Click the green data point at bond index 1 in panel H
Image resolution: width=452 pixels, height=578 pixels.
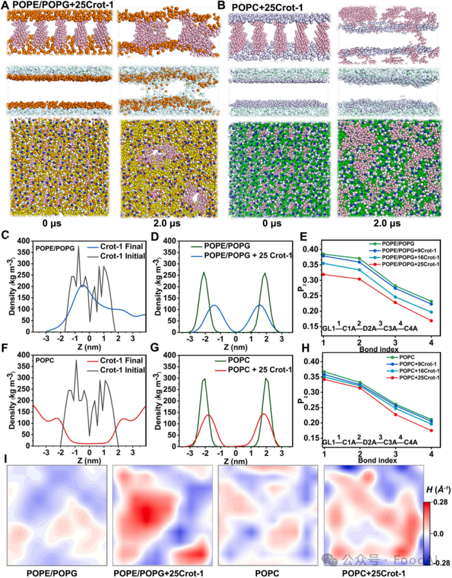click(x=323, y=372)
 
